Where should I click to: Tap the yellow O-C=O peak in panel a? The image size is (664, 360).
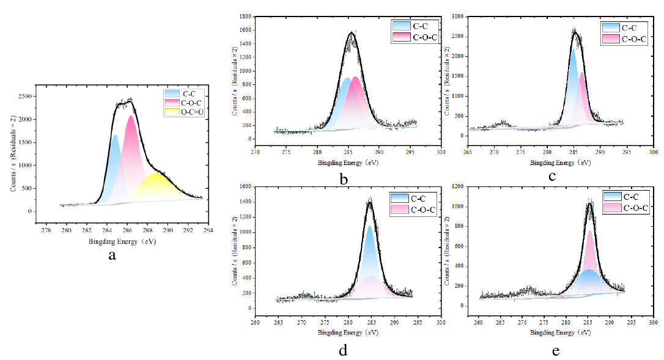pyautogui.click(x=157, y=186)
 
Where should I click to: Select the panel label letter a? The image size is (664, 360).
pyautogui.click(x=112, y=255)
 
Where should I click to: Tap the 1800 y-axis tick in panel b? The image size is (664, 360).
pyautogui.click(x=244, y=17)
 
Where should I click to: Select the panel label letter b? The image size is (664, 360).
pyautogui.click(x=344, y=179)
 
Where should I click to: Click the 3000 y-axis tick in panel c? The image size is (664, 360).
pyautogui.click(x=457, y=17)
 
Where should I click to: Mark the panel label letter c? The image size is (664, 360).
pyautogui.click(x=552, y=177)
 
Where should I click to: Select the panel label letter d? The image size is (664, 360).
pyautogui.click(x=344, y=351)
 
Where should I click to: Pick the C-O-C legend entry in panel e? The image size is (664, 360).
pyautogui.click(x=626, y=208)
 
